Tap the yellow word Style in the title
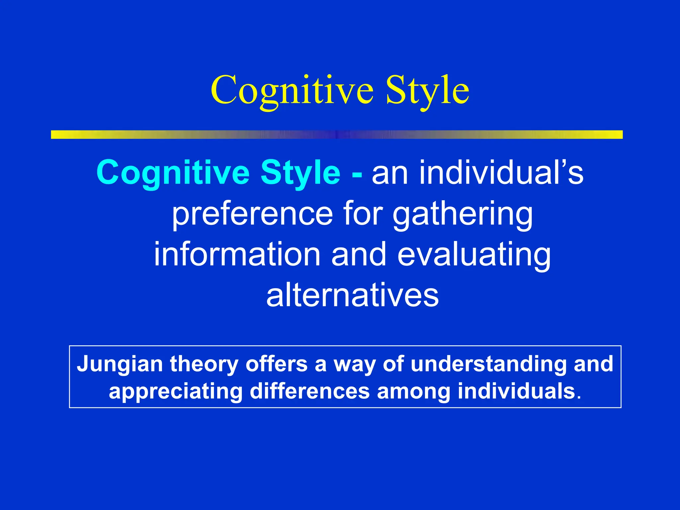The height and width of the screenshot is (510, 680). [x=427, y=90]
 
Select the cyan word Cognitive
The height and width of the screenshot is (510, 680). [x=173, y=173]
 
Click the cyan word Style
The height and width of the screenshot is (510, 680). [x=300, y=173]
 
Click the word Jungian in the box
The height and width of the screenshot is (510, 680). [x=120, y=365]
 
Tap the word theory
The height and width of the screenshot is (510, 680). [x=204, y=365]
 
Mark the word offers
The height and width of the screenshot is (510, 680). [x=277, y=364]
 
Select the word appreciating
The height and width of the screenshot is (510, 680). [x=176, y=392]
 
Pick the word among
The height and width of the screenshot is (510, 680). [x=413, y=392]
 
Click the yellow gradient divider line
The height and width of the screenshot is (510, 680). [x=337, y=134]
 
